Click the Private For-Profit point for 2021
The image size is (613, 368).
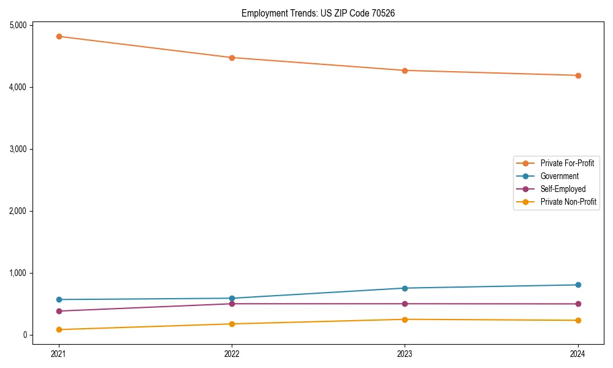(59, 36)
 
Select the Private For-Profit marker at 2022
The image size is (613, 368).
(232, 58)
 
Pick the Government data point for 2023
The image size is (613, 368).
(405, 288)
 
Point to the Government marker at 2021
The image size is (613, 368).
(59, 299)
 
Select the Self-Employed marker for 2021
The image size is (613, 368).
(59, 311)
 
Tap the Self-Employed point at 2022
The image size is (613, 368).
(232, 304)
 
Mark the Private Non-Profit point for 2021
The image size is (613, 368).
(59, 329)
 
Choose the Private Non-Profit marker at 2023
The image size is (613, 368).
(405, 320)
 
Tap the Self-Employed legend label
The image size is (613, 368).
(563, 189)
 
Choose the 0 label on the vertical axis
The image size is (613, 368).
(25, 335)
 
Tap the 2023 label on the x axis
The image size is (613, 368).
(405, 353)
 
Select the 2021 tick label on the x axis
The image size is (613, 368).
(59, 353)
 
